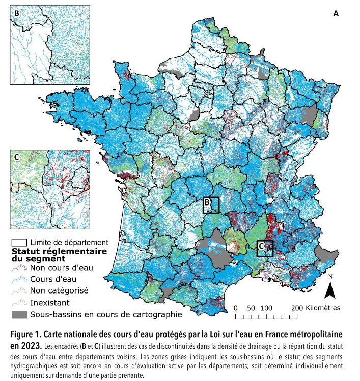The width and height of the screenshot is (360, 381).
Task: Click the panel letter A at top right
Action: click(336, 14)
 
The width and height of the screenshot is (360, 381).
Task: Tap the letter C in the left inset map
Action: click(16, 157)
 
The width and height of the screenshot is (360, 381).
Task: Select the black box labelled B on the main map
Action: click(211, 204)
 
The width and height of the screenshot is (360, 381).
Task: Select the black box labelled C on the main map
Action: click(265, 248)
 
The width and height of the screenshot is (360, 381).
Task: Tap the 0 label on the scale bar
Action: click(236, 308)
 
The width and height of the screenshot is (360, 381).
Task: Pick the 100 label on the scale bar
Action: click(266, 308)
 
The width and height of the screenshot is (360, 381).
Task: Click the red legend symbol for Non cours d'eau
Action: click(19, 266)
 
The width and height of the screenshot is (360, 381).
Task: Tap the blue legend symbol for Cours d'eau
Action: click(19, 278)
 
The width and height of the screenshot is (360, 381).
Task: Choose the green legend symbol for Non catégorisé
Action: click(19, 290)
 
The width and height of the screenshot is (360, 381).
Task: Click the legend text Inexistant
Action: click(50, 302)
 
